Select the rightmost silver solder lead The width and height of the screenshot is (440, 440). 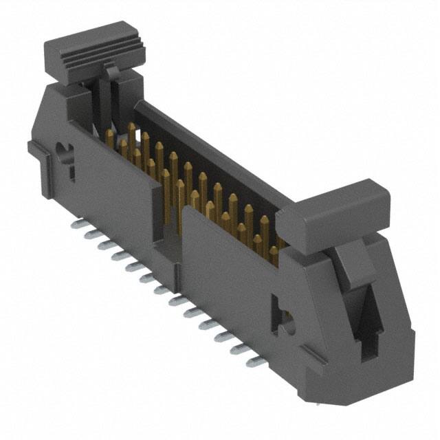(x=256, y=361)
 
